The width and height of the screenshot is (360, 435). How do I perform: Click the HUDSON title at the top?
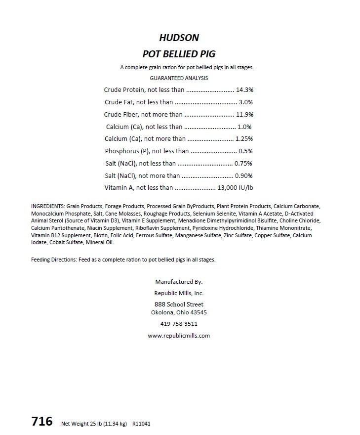tap(179, 38)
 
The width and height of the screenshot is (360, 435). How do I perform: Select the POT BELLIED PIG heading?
tap(179, 54)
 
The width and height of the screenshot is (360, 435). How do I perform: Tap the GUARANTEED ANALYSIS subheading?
tap(179, 78)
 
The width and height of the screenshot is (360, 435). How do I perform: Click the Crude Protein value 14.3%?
tap(245, 90)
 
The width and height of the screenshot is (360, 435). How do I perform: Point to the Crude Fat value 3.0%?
tap(246, 102)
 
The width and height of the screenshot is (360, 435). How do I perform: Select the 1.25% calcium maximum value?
tap(244, 139)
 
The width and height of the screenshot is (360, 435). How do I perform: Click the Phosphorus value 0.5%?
tap(245, 151)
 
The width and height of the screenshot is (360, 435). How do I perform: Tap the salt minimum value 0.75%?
tap(243, 164)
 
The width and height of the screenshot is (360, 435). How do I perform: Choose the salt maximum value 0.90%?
tap(244, 175)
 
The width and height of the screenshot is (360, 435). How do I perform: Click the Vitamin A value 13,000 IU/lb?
tap(236, 188)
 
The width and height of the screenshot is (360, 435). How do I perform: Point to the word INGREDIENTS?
tap(48, 206)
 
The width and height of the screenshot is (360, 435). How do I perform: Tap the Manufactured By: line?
tap(179, 282)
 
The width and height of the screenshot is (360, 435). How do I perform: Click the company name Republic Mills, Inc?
tap(179, 293)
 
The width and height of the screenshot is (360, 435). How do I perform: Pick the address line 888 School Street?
tap(179, 304)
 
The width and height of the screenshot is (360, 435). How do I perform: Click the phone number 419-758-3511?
tap(179, 324)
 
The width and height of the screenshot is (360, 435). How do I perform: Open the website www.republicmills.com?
tap(179, 336)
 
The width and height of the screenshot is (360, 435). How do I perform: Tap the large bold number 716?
tap(42, 421)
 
